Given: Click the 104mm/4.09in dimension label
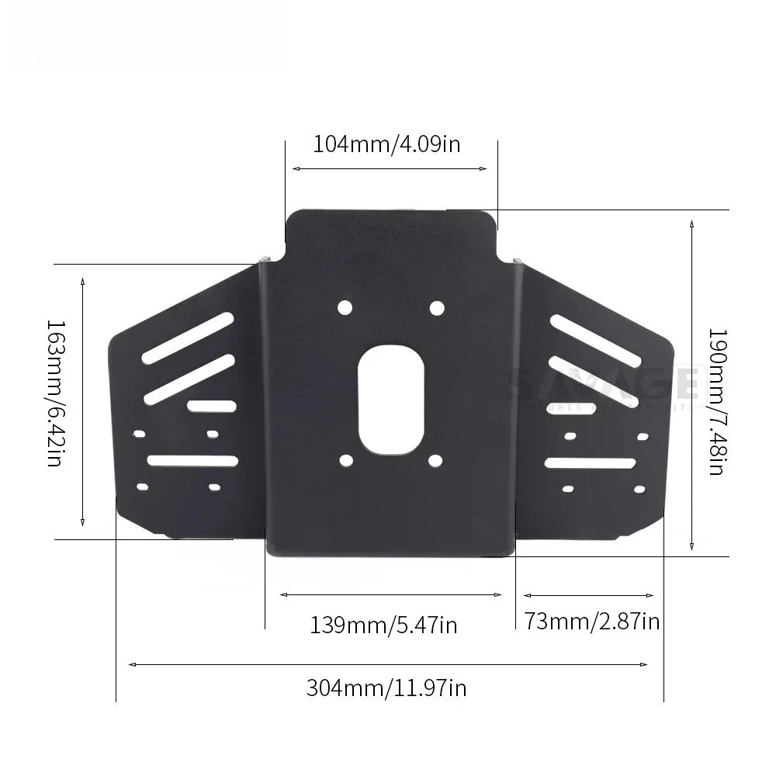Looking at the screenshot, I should [x=386, y=144].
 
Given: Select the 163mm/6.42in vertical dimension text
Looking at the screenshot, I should [x=55, y=393].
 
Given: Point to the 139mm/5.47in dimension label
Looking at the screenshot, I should [x=384, y=624].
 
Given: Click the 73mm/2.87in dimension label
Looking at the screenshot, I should [x=592, y=621].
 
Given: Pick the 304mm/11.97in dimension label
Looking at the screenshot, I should [x=386, y=687].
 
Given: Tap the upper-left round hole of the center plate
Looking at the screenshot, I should [x=345, y=308].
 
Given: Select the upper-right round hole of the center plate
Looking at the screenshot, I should [x=436, y=308].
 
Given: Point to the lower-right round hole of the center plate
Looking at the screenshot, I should [x=435, y=462].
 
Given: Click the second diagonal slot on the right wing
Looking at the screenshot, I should [x=594, y=378].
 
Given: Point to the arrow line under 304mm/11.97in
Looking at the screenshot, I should [x=388, y=664].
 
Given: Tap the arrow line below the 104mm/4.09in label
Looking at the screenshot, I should [x=388, y=168].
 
